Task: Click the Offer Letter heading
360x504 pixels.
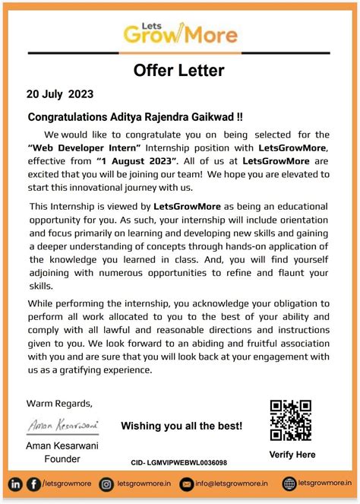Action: click(179, 71)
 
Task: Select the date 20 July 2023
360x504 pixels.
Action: click(60, 95)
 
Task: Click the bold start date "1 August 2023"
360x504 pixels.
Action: click(137, 161)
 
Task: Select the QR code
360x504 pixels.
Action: click(291, 420)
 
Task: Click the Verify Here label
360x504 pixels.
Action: click(292, 455)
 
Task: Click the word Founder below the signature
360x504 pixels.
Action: click(63, 458)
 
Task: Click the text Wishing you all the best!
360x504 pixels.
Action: click(182, 426)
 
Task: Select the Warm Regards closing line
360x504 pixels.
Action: click(60, 403)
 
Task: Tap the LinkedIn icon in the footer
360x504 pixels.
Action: click(15, 483)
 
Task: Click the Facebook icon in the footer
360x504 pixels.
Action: click(33, 483)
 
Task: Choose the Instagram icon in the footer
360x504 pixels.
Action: click(107, 483)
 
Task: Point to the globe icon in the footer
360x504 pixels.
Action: click(289, 483)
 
